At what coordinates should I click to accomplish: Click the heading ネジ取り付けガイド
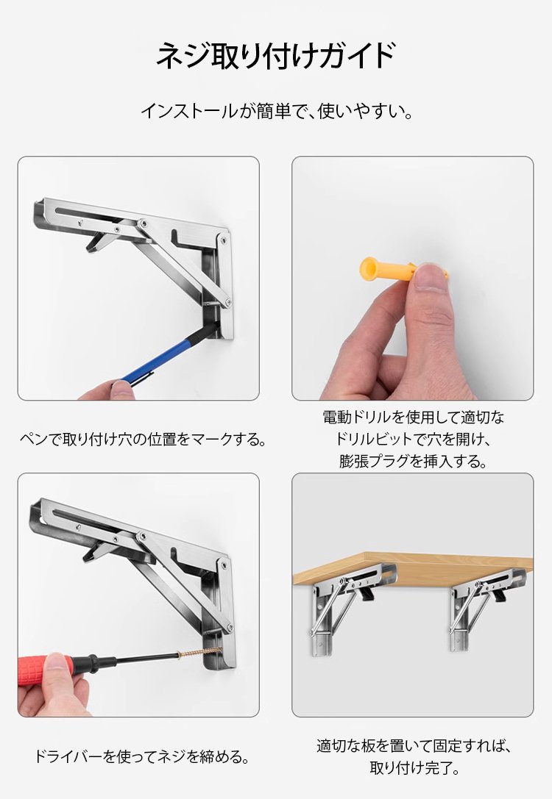click(x=275, y=56)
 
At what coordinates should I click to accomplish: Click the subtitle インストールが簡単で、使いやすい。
click(x=275, y=112)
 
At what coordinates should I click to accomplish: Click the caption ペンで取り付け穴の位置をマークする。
click(x=142, y=440)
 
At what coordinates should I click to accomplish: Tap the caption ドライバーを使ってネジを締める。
click(x=142, y=756)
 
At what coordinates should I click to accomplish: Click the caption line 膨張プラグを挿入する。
click(x=413, y=462)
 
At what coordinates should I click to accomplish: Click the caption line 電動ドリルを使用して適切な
click(x=413, y=418)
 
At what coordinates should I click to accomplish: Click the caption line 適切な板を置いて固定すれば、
click(x=413, y=745)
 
